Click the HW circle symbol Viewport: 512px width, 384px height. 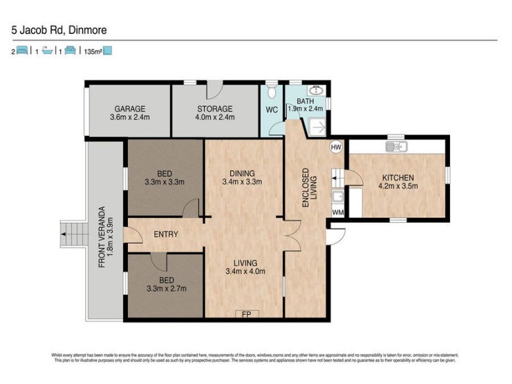point(336,147)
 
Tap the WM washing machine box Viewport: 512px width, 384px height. point(337,212)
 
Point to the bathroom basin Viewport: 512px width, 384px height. point(316,91)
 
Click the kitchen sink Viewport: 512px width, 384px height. point(397,148)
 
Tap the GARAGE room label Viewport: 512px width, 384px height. point(130,108)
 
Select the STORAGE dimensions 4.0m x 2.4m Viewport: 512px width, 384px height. point(214,117)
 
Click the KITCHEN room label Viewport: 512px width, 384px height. point(398,178)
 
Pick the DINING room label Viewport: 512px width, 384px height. point(243,173)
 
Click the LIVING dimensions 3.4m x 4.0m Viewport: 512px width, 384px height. point(245,271)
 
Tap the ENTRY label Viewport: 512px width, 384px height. point(166,235)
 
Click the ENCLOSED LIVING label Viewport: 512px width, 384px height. point(310,186)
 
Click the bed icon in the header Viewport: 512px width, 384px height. point(22,51)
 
